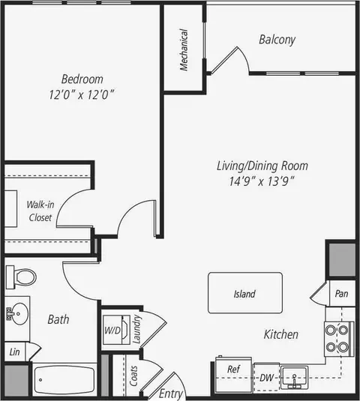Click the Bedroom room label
click(x=82, y=79)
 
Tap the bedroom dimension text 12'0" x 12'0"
click(x=81, y=94)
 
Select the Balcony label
click(x=277, y=40)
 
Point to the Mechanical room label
click(x=184, y=50)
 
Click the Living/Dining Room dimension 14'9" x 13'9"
click(x=262, y=181)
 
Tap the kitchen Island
click(x=245, y=293)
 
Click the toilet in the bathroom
click(x=21, y=277)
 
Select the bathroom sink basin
click(x=18, y=313)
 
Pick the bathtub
click(x=64, y=380)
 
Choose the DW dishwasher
click(x=266, y=377)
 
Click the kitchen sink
click(x=294, y=378)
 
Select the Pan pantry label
click(x=341, y=294)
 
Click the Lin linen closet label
click(x=14, y=352)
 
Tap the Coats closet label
click(x=133, y=376)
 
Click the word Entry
click(x=171, y=394)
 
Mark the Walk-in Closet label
click(x=40, y=211)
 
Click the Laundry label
click(x=136, y=329)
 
